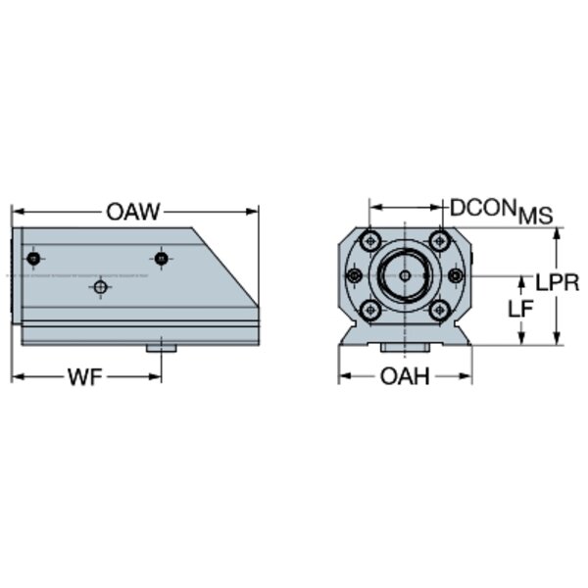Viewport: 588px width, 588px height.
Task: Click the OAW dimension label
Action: coord(133,212)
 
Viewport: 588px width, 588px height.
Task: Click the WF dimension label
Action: coord(84,377)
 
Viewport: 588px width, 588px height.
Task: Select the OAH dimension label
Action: coord(405,376)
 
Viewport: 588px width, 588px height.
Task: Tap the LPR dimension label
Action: coord(557,282)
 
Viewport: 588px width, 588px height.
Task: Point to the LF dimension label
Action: coord(520,309)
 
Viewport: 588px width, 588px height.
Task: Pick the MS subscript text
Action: coord(535,216)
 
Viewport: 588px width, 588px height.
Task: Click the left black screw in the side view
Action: coord(33,259)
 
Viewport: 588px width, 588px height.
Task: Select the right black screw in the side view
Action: coord(162,259)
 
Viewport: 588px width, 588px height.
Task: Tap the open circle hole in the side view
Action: coord(101,287)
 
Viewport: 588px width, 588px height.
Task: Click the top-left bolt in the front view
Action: coord(370,241)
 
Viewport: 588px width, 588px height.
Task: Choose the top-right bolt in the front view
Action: coord(439,241)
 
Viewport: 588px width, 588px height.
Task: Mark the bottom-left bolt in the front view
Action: coord(370,310)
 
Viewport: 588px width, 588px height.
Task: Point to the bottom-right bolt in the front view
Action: coord(439,310)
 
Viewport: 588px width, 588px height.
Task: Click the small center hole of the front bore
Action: coord(405,276)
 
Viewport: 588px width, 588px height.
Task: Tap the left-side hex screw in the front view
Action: coord(355,276)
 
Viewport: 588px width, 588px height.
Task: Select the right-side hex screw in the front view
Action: coord(456,276)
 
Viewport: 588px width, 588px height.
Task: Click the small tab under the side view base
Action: coord(162,349)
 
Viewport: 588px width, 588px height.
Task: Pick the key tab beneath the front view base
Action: coord(405,348)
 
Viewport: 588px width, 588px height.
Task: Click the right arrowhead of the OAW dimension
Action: coord(252,212)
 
